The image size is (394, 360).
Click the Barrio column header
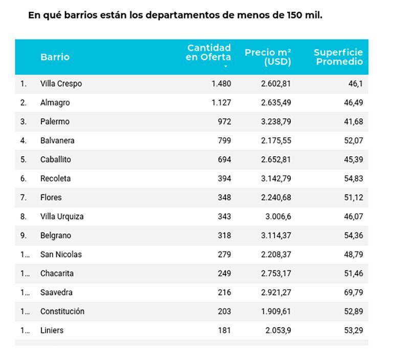(55, 57)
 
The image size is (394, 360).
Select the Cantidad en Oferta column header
(208, 52)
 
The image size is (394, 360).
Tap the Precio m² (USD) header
(268, 57)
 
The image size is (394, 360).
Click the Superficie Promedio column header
(338, 57)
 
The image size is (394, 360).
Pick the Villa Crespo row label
(61, 83)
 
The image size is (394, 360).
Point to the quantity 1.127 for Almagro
(221, 102)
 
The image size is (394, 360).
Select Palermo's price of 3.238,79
(275, 121)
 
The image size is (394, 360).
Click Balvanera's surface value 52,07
(353, 140)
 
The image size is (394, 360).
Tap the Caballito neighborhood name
(56, 159)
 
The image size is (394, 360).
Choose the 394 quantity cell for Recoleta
(224, 178)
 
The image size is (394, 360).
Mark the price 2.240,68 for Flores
(275, 197)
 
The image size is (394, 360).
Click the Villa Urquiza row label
(62, 217)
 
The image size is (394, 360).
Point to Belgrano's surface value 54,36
(353, 236)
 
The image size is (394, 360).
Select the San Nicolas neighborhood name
(61, 255)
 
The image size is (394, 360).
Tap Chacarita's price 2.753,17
(275, 273)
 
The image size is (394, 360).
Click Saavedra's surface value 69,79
(353, 292)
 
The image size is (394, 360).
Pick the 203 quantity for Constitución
(224, 311)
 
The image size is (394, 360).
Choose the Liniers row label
(52, 330)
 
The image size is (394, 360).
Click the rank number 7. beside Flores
(23, 197)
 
